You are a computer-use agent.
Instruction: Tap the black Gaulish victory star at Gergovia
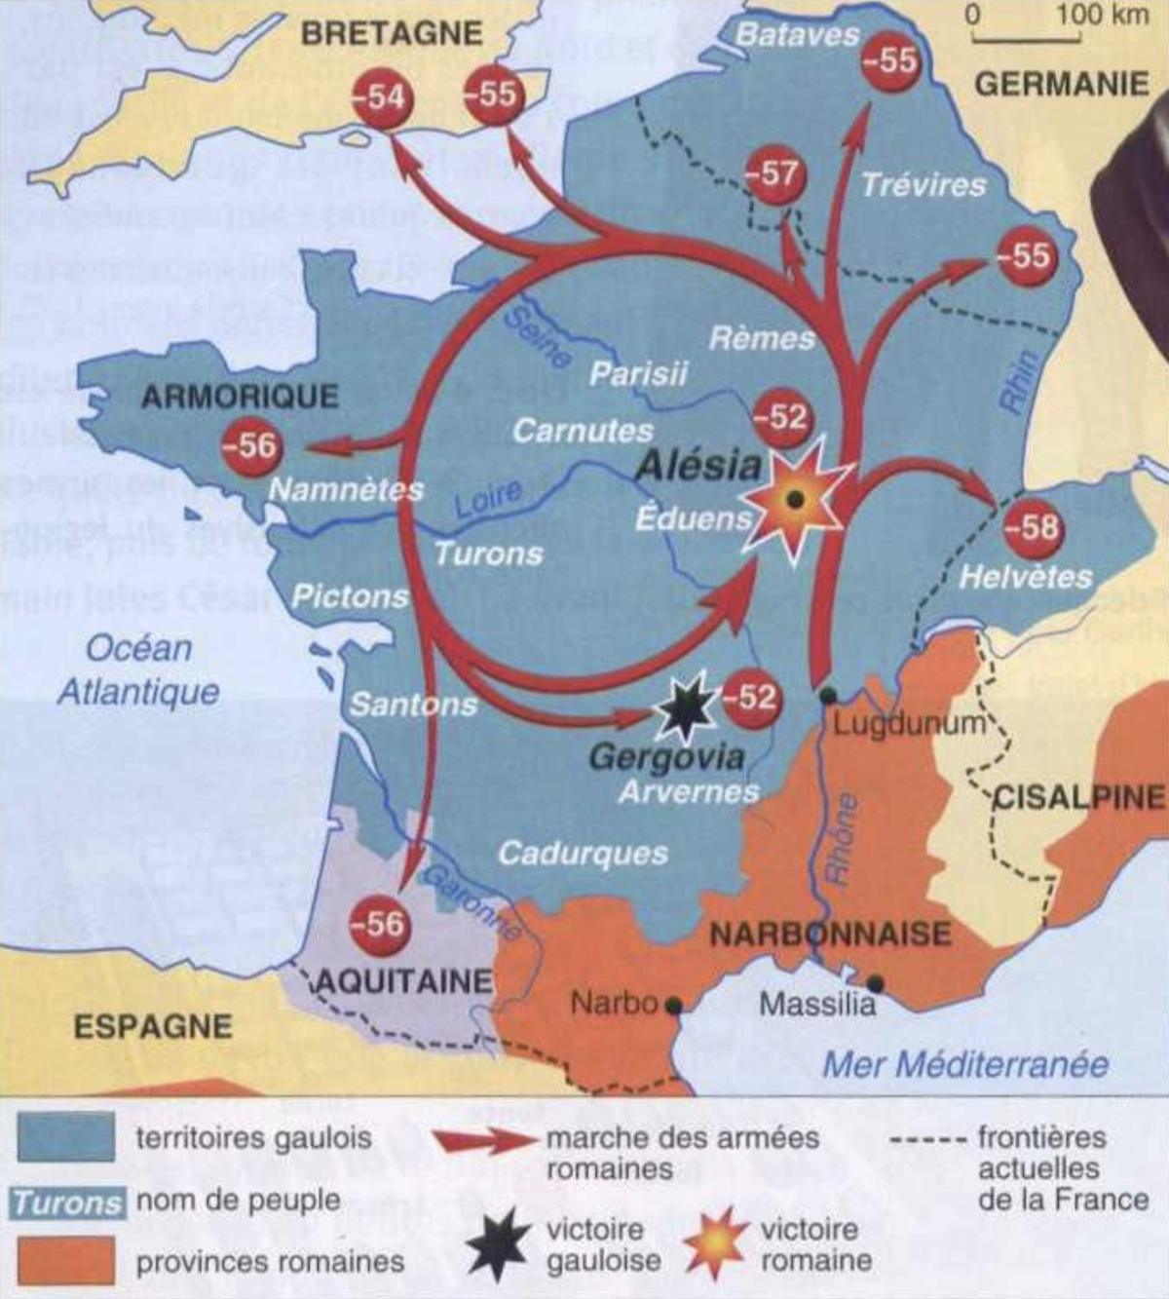point(686,708)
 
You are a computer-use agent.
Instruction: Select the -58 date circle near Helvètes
point(1034,527)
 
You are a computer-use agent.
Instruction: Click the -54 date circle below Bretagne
point(378,97)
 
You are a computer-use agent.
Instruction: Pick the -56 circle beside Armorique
point(250,446)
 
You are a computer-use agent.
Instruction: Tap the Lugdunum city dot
point(828,695)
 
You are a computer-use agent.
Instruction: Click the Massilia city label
point(817,1004)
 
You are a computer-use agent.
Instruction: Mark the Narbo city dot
point(673,1004)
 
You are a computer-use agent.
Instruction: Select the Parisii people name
point(638,373)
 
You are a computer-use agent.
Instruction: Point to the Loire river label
point(488,499)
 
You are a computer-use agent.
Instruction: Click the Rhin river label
point(1019,382)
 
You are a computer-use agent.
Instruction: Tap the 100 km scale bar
point(1025,39)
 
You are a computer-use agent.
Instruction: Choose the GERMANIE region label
point(1062,85)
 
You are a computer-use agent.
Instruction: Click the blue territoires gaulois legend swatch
point(65,1137)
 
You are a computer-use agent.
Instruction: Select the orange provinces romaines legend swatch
point(65,1261)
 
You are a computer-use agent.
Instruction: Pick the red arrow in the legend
point(484,1140)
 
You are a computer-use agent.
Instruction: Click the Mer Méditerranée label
point(965,1064)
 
